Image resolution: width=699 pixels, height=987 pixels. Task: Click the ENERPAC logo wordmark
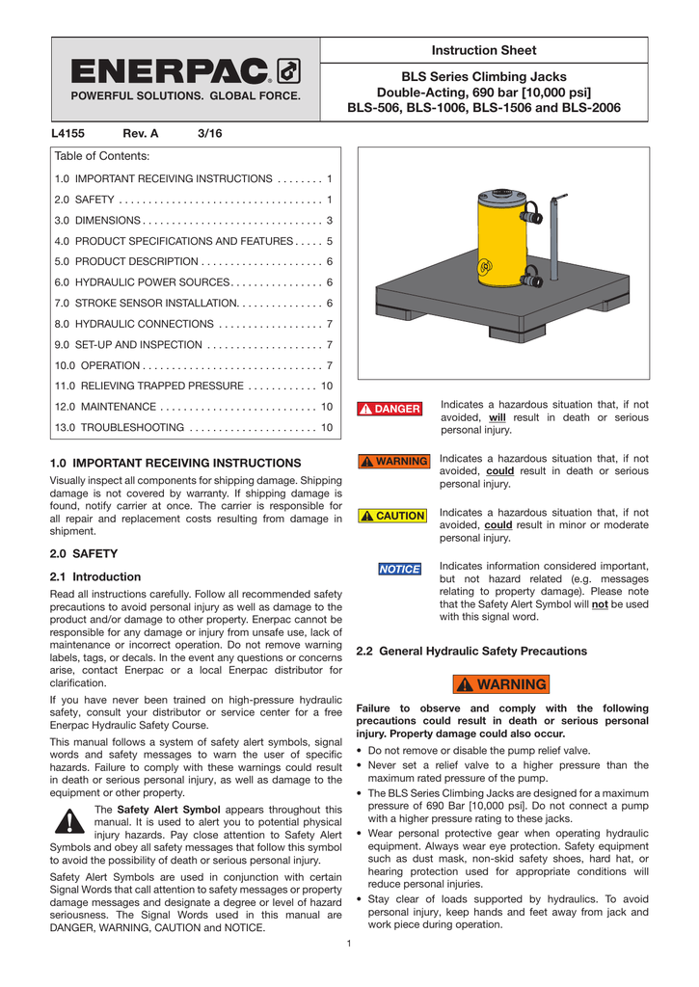(x=171, y=72)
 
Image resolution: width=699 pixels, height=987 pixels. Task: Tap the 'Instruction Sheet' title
(x=483, y=50)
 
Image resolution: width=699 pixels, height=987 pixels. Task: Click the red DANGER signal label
(x=390, y=409)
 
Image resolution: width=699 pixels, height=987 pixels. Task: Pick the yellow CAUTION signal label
(x=391, y=516)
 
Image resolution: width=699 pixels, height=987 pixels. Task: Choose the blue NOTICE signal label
(x=399, y=570)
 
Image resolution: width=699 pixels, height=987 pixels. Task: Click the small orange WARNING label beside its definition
(x=392, y=462)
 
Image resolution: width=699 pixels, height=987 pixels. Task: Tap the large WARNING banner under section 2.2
(x=501, y=684)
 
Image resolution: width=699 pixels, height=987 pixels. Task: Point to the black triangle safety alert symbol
(x=67, y=821)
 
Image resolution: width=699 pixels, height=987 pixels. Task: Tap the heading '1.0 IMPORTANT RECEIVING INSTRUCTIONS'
(x=175, y=463)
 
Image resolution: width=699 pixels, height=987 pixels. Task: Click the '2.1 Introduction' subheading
(x=94, y=576)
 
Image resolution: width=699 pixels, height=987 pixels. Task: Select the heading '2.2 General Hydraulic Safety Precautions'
(x=471, y=652)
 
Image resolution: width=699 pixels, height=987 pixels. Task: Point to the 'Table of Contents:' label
(x=101, y=156)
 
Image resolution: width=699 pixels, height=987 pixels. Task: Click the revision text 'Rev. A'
(x=140, y=133)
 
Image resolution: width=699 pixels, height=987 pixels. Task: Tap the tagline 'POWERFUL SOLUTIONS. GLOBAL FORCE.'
(x=184, y=96)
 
